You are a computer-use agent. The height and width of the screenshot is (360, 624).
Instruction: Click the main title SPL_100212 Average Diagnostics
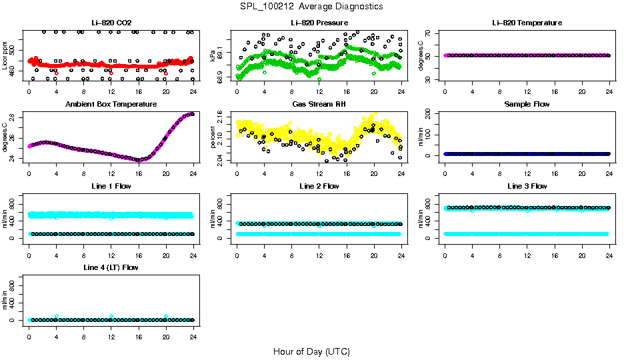(x=312, y=6)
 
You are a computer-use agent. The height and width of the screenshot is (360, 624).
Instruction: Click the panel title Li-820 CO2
(x=111, y=23)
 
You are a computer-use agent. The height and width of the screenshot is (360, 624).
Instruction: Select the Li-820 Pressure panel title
(x=319, y=23)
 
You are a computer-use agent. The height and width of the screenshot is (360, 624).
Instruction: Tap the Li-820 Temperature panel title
(x=527, y=23)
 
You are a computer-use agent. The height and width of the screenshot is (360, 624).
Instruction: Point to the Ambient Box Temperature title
(x=111, y=105)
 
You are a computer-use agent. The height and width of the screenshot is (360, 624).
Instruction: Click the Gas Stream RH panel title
(x=319, y=105)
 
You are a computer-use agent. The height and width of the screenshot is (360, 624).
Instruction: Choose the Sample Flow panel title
(x=527, y=105)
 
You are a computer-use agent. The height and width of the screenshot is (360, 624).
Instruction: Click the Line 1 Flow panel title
(x=111, y=186)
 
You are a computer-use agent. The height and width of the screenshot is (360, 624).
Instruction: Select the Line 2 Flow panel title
(x=319, y=186)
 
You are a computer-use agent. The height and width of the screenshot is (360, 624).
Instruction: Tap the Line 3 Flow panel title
(x=527, y=186)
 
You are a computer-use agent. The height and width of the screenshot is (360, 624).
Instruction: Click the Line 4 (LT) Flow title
(x=111, y=267)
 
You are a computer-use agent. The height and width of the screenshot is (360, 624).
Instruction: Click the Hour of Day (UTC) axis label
(x=311, y=351)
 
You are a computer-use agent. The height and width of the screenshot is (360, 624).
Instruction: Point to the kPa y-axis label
(x=213, y=56)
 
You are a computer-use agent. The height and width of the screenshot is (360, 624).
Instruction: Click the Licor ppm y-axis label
(x=5, y=56)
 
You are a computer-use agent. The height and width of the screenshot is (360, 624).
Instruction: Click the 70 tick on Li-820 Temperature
(x=429, y=33)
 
